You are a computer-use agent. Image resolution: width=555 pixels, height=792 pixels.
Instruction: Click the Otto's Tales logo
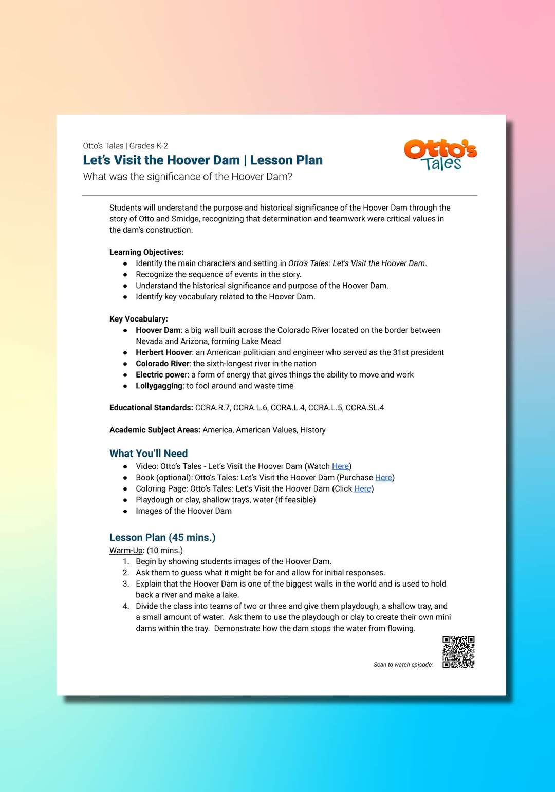[440, 155]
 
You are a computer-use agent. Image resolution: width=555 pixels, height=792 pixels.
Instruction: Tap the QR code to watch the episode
[458, 652]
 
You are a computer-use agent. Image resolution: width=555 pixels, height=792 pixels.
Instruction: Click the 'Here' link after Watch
[340, 466]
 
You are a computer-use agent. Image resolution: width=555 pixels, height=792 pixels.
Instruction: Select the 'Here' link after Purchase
[383, 478]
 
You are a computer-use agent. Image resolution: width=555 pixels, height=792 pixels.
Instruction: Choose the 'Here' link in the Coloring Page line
[362, 489]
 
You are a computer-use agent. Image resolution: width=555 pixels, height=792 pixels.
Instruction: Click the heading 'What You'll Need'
[149, 454]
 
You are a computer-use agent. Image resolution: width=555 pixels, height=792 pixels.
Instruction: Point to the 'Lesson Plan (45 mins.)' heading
[162, 537]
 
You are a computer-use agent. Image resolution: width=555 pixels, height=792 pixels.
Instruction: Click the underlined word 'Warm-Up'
[126, 551]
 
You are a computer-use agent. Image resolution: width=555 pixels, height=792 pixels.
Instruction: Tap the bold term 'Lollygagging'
[159, 386]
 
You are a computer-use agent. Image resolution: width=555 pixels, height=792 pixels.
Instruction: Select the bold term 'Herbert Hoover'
[163, 352]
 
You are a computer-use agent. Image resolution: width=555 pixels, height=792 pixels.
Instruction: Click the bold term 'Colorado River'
[162, 364]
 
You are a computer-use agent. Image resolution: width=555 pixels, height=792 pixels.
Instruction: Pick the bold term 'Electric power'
[162, 375]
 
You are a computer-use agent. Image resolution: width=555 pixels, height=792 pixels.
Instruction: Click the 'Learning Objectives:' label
[146, 252]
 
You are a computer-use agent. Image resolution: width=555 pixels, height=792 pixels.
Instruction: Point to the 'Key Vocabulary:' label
[139, 319]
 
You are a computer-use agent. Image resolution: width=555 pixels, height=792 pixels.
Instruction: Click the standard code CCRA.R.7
[212, 408]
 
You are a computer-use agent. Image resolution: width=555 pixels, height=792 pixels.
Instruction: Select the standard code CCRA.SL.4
[365, 408]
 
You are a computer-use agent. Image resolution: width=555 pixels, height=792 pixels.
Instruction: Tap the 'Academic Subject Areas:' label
[155, 430]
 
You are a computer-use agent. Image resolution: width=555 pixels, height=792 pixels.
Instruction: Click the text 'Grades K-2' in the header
[149, 146]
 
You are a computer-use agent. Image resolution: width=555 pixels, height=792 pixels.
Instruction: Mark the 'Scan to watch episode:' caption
[403, 665]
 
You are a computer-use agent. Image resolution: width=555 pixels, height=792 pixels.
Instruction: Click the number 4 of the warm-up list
[126, 606]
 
